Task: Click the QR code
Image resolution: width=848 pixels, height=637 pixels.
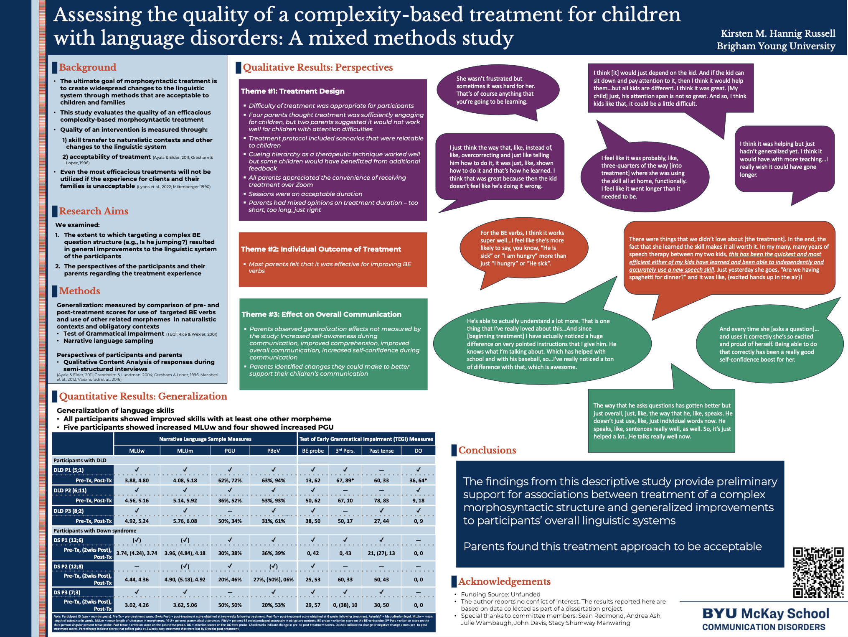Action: pos(818,572)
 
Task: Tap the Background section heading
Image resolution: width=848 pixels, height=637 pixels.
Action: pos(87,67)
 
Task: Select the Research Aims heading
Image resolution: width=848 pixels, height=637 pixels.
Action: pos(93,211)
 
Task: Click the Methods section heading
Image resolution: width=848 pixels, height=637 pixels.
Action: pos(79,291)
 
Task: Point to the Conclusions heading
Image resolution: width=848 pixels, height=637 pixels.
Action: pos(487,450)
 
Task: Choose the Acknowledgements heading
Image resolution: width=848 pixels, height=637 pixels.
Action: pos(504,581)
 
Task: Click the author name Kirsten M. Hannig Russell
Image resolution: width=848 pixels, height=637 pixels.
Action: pos(778,33)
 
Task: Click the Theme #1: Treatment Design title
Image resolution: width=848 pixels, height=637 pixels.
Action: pos(292,91)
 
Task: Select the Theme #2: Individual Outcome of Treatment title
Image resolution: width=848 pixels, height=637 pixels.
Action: pos(320,249)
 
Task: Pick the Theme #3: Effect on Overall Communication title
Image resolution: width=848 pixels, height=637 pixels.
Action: pos(321,314)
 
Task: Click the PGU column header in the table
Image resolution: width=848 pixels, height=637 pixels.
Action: pos(230,451)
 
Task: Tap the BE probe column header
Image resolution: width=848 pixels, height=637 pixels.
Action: pos(313,451)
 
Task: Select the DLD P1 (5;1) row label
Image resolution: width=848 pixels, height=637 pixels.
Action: pos(69,470)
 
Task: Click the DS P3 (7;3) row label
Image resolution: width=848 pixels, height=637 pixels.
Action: pos(68,592)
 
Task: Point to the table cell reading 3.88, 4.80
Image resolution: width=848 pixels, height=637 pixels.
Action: pos(137,480)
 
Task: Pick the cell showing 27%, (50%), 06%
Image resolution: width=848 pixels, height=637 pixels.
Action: pos(273,579)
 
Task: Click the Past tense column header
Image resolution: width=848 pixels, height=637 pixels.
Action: pos(381,451)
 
